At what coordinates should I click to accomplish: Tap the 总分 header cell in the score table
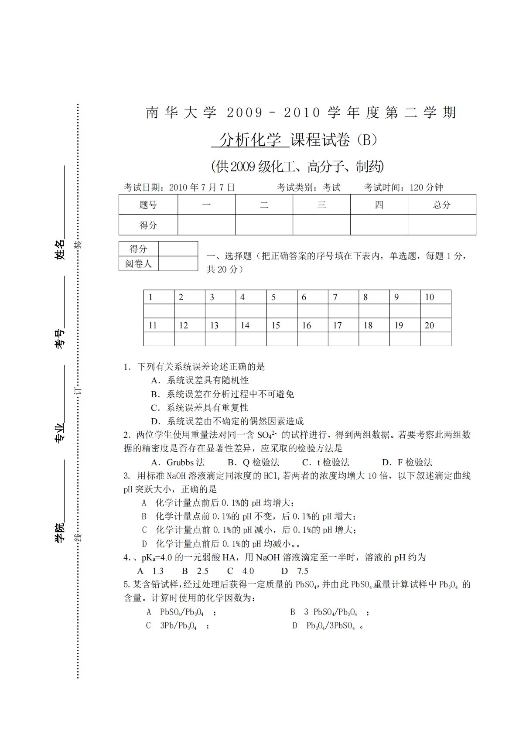pyautogui.click(x=441, y=205)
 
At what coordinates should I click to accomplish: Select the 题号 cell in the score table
pyautogui.click(x=148, y=205)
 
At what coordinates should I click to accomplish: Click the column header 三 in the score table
pyautogui.click(x=321, y=205)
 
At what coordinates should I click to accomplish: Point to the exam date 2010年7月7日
pyautogui.click(x=201, y=188)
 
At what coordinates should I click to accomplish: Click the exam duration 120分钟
pyautogui.click(x=426, y=188)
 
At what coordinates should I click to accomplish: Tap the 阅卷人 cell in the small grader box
pyautogui.click(x=138, y=264)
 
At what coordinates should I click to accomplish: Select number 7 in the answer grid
pyautogui.click(x=335, y=297)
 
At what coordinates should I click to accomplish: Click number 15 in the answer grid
pyautogui.click(x=276, y=325)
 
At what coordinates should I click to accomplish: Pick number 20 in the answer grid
pyautogui.click(x=430, y=325)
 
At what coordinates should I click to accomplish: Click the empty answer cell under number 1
pyautogui.click(x=159, y=311)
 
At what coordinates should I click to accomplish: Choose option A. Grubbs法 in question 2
pyautogui.click(x=178, y=462)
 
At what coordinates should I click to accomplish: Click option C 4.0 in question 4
pyautogui.click(x=241, y=571)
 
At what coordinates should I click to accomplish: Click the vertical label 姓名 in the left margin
pyautogui.click(x=59, y=249)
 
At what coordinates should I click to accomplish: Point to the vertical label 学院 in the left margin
pyautogui.click(x=59, y=533)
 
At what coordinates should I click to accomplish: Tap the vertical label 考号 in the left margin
pyautogui.click(x=59, y=339)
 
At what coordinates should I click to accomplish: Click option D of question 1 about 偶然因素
pyautogui.click(x=227, y=421)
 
